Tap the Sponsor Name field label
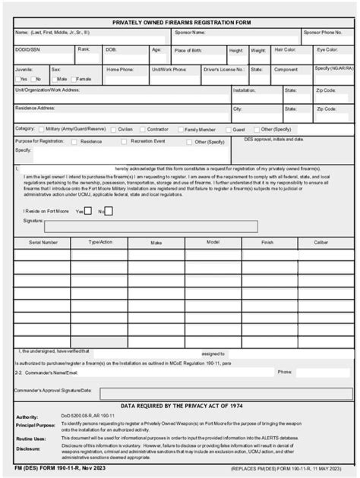tap(190, 33)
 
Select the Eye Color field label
tap(328, 49)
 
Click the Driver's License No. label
tap(223, 69)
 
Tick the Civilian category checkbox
tap(114, 130)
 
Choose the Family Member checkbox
tap(181, 130)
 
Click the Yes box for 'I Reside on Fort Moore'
tap(88, 211)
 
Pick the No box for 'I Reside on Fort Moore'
tap(109, 211)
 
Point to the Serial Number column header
tap(43, 243)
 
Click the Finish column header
tap(268, 243)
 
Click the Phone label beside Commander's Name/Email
tap(284, 372)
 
